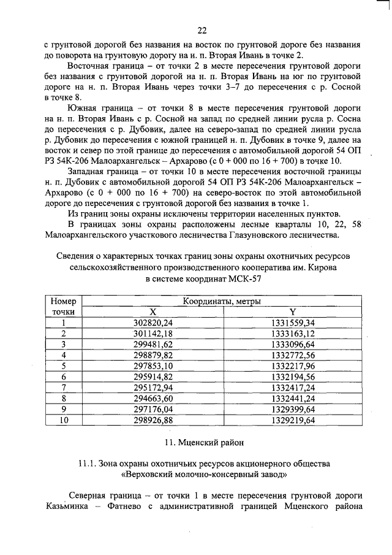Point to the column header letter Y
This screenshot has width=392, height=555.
tap(292, 312)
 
